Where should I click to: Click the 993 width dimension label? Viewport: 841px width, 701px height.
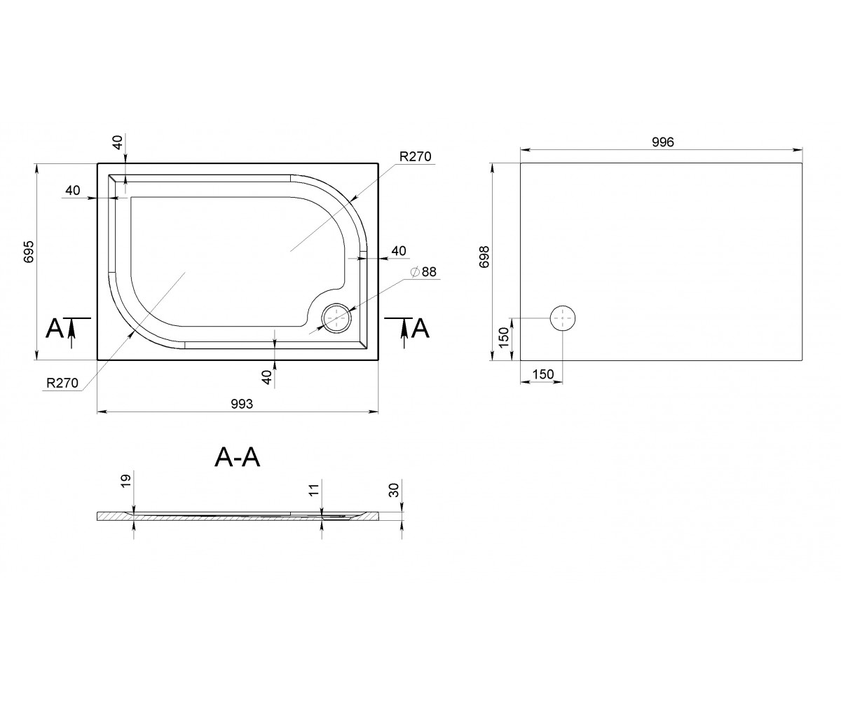click(242, 404)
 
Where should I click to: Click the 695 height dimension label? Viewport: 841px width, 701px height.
click(29, 252)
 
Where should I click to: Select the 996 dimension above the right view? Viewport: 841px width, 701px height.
click(662, 142)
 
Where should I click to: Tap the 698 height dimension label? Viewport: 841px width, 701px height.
click(484, 257)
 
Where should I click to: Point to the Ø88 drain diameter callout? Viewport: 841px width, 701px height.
click(423, 272)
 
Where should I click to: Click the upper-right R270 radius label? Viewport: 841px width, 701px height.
click(416, 156)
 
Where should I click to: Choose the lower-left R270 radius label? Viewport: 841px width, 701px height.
click(62, 383)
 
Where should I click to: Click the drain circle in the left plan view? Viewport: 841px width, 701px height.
click(336, 318)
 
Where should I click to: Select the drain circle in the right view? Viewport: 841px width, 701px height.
click(563, 318)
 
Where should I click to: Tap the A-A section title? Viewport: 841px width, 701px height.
click(238, 457)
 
